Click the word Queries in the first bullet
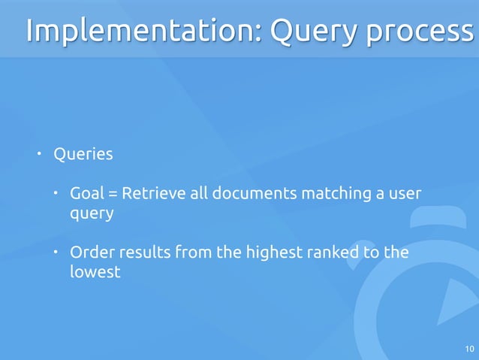point(83,155)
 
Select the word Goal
point(87,194)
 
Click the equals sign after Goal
point(113,195)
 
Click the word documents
point(253,194)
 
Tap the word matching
point(335,195)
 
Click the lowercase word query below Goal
point(92,214)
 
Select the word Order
point(91,252)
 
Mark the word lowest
point(95,271)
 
